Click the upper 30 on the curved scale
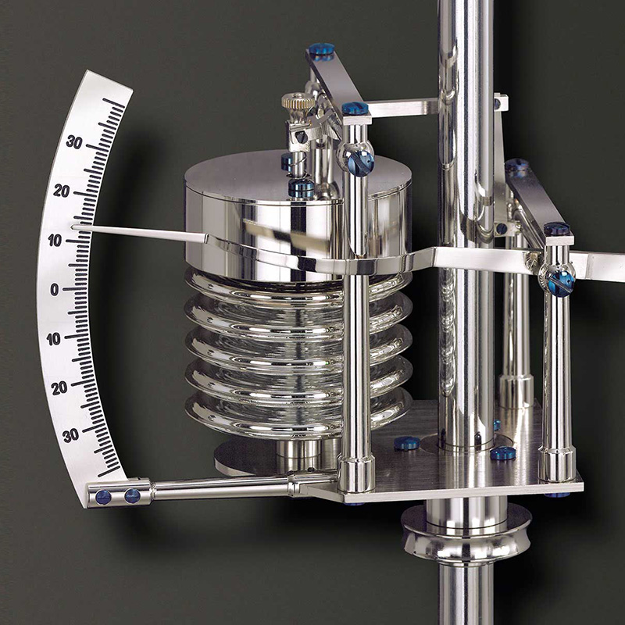coord(74,142)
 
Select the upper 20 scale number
coord(62,191)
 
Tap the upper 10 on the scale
coord(55,241)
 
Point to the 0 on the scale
coord(54,290)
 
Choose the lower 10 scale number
coord(53,339)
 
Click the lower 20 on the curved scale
coord(59,388)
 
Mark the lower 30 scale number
coord(70,436)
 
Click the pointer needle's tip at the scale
coord(73,227)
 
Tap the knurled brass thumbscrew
coord(298,102)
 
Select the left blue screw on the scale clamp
coord(103,497)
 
